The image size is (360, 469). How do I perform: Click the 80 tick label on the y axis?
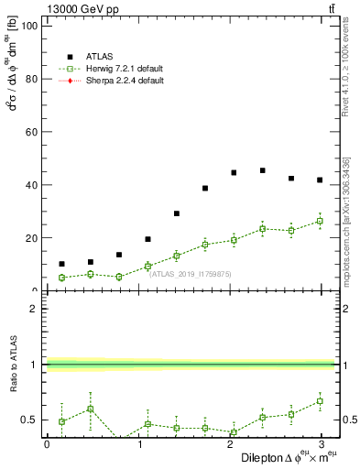pyautogui.click(x=30, y=79)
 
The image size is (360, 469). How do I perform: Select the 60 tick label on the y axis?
pyautogui.click(x=30, y=132)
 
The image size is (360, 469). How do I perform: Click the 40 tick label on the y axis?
pyautogui.click(x=30, y=185)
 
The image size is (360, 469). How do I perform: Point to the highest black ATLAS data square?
pyautogui.click(x=262, y=170)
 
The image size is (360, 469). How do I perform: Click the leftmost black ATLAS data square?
pyautogui.click(x=61, y=264)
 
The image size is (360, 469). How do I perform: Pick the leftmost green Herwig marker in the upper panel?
pyautogui.click(x=61, y=278)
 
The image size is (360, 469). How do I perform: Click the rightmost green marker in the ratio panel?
pyautogui.click(x=320, y=400)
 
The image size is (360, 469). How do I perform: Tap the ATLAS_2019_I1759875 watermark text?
pyautogui.click(x=191, y=273)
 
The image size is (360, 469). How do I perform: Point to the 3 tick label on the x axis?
pyautogui.click(x=321, y=444)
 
